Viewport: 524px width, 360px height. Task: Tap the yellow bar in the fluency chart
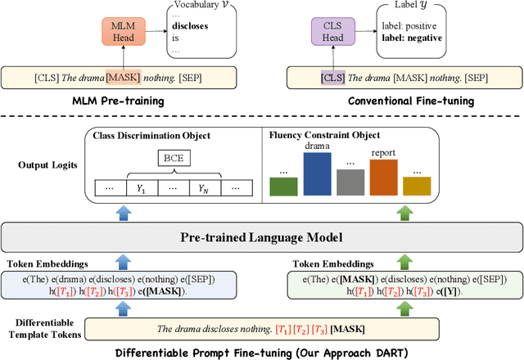tap(416, 187)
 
